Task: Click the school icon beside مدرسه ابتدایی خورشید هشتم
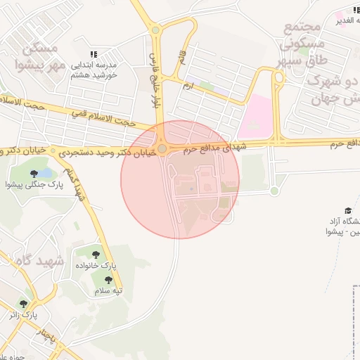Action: (94, 54)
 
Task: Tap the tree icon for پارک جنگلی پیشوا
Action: (33, 173)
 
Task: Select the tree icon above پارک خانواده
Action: (96, 255)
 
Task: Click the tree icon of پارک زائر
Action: (23, 304)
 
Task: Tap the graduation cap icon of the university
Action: (347, 210)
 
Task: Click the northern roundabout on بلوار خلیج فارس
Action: (155, 30)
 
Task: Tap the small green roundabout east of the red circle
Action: (274, 191)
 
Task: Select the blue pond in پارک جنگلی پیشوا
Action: (44, 173)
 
